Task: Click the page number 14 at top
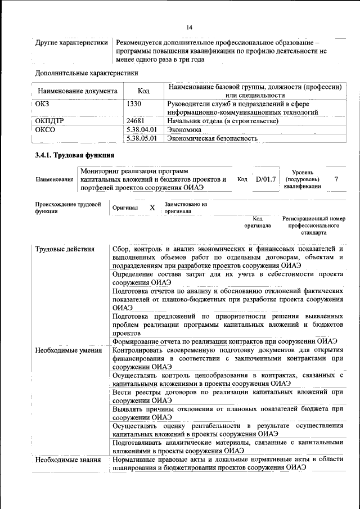point(189,28)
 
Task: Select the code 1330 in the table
point(134,103)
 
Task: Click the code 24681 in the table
point(136,121)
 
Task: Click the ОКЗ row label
point(42,103)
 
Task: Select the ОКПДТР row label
point(49,121)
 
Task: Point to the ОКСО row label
point(44,129)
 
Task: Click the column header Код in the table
point(143,91)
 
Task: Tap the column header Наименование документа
point(78,91)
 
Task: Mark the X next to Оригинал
point(152,208)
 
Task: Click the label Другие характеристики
point(71,43)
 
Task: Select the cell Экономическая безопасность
point(213,138)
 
